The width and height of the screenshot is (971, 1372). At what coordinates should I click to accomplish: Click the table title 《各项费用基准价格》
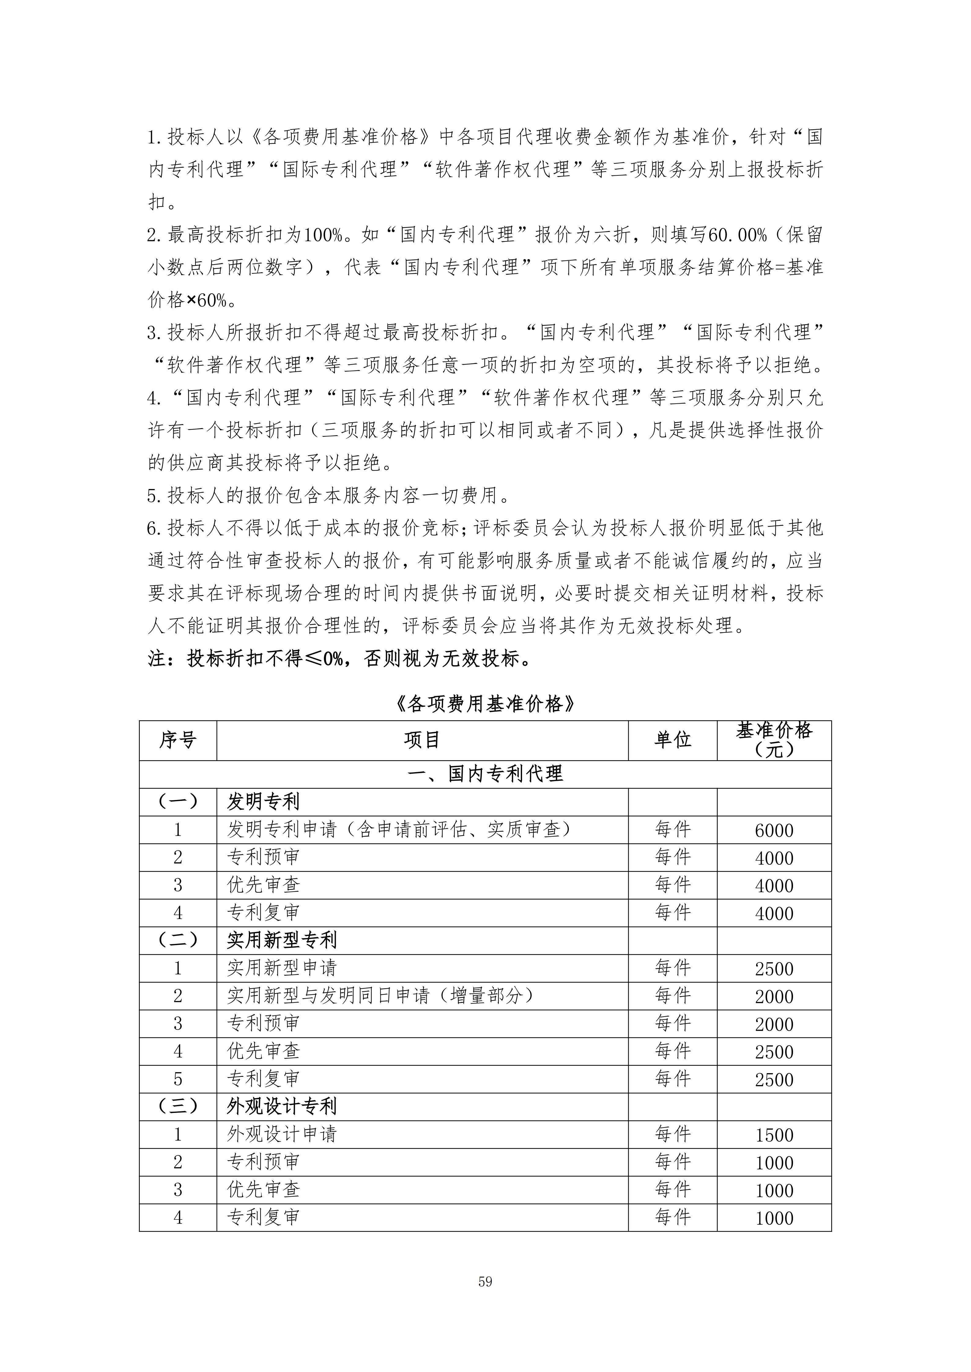click(485, 705)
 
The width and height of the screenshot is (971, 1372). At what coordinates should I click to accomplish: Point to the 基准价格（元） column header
click(774, 740)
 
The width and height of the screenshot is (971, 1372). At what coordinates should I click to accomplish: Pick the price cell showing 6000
click(774, 831)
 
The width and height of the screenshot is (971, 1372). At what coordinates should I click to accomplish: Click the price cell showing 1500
click(774, 1135)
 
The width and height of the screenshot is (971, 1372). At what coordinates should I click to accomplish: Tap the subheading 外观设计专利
click(282, 1107)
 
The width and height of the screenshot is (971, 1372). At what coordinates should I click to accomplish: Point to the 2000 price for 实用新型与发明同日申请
click(774, 997)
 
